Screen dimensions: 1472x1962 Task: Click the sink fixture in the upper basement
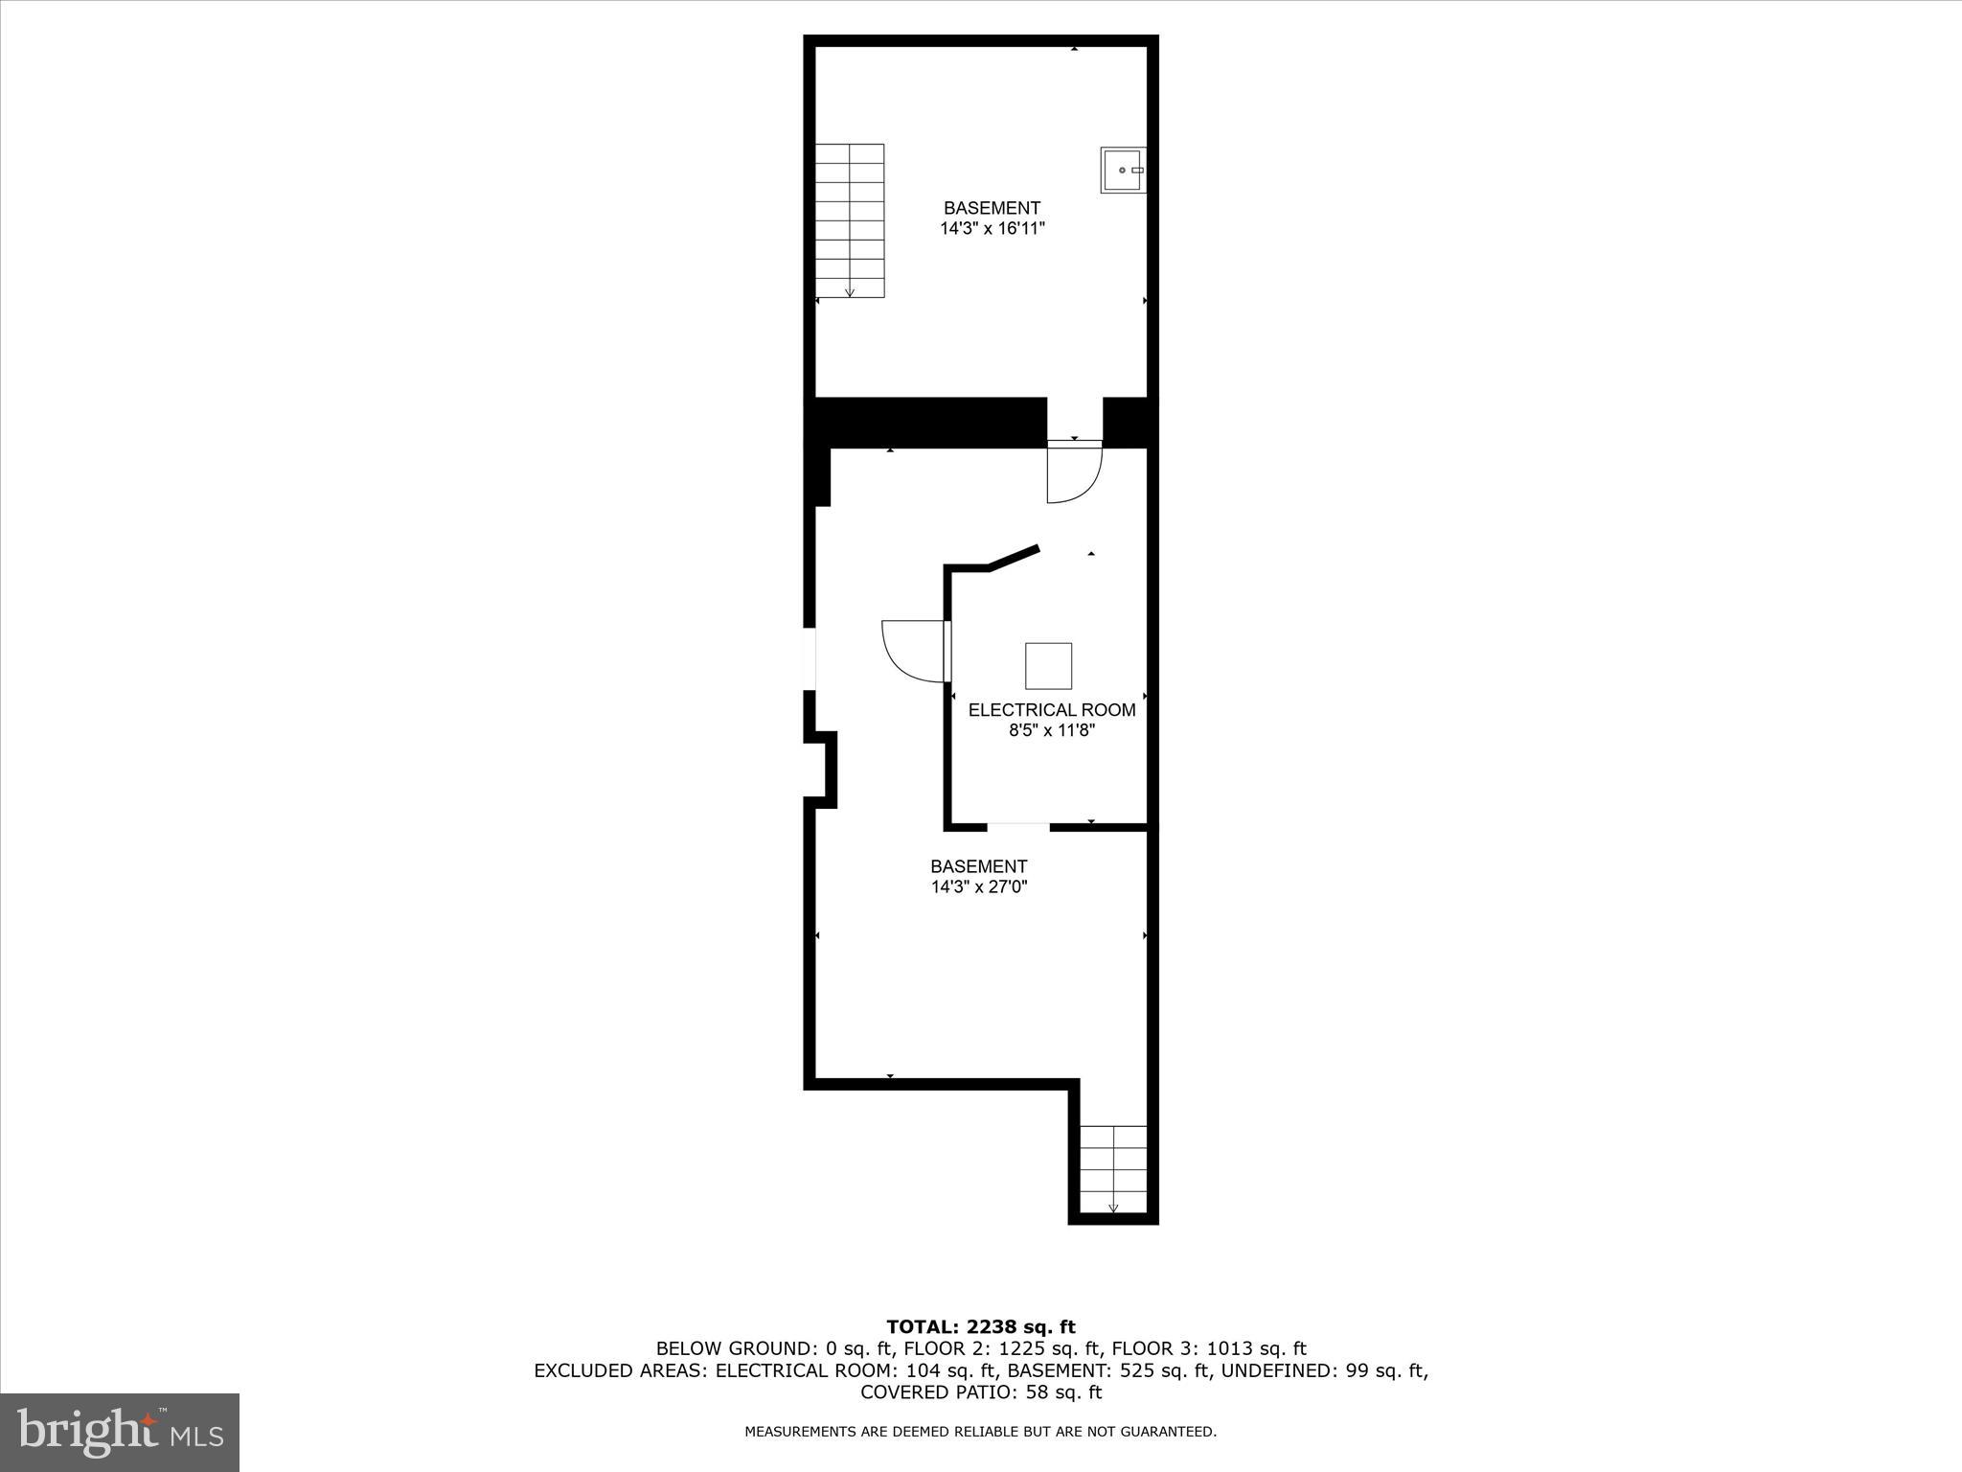click(x=1123, y=170)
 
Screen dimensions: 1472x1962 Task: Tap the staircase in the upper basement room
click(x=850, y=220)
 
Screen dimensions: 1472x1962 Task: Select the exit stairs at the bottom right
click(x=1113, y=1170)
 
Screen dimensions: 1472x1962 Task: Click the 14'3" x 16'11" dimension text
click(x=992, y=229)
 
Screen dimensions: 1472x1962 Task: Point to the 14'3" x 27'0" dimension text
click(x=979, y=887)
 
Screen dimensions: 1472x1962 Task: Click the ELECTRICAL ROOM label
click(x=1052, y=710)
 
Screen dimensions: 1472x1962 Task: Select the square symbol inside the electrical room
click(x=1048, y=666)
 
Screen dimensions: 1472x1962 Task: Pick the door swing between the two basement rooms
click(x=1074, y=471)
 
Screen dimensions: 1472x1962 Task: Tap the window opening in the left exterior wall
click(x=810, y=658)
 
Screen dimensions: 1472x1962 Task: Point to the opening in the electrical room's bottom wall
click(x=1018, y=826)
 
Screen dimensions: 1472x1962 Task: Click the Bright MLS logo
click(x=120, y=1432)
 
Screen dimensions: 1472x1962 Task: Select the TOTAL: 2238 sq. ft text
click(x=981, y=1327)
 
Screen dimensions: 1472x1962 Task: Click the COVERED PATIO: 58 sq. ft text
click(x=981, y=1392)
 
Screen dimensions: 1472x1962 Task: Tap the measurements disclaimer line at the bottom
click(x=981, y=1432)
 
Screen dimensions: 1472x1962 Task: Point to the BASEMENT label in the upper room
click(x=992, y=208)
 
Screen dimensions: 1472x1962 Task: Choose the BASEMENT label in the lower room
click(x=979, y=866)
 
